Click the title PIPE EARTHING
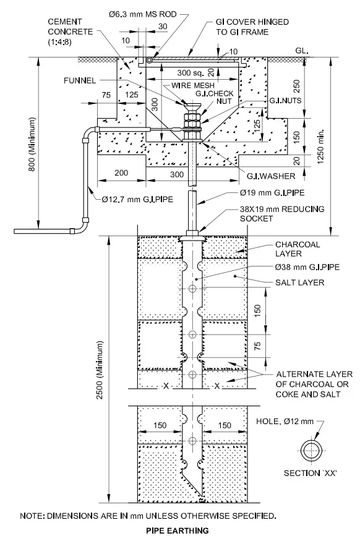[178, 530]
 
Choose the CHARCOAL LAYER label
[299, 249]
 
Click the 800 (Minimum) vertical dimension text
[24, 143]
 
